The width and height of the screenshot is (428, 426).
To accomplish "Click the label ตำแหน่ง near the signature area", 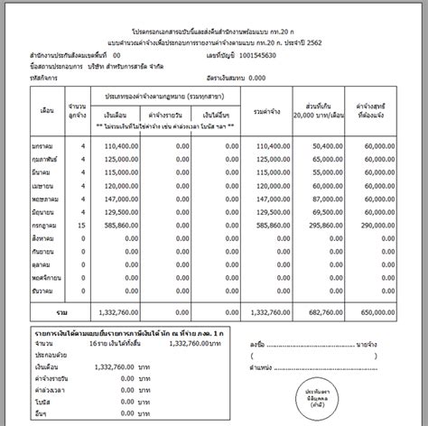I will (262, 367).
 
